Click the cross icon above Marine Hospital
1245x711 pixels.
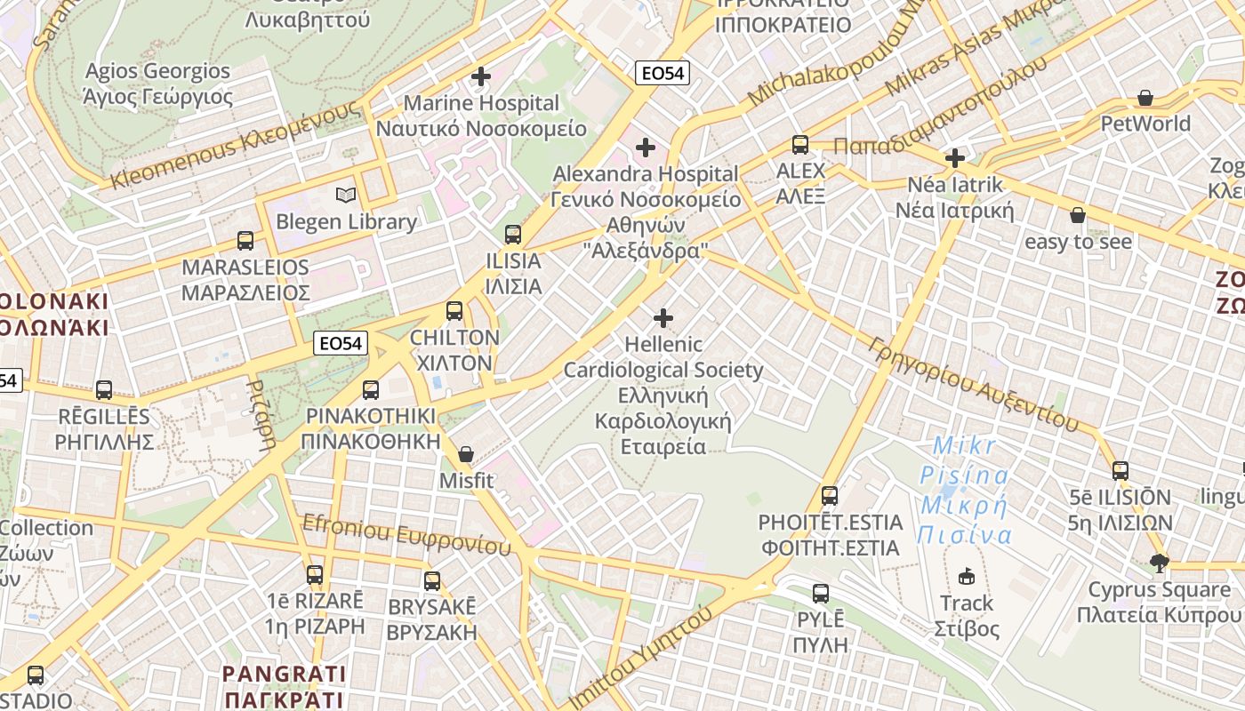click(x=481, y=76)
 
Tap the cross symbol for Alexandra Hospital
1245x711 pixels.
click(x=646, y=147)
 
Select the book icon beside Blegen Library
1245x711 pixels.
click(x=345, y=195)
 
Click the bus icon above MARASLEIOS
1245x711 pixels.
click(x=245, y=240)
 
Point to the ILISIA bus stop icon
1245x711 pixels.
click(x=513, y=235)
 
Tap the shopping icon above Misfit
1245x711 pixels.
click(x=465, y=455)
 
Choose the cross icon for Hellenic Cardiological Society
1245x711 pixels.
click(x=663, y=317)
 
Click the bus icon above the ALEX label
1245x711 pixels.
click(x=800, y=144)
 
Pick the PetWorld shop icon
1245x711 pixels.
click(x=1145, y=98)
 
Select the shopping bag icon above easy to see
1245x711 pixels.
click(x=1078, y=215)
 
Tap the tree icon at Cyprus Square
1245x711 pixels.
click(x=1159, y=563)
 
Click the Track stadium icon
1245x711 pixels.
click(x=967, y=577)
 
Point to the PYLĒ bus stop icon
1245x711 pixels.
click(x=821, y=593)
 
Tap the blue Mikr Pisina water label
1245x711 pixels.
click(x=966, y=490)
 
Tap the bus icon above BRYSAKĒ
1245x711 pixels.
click(x=432, y=581)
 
